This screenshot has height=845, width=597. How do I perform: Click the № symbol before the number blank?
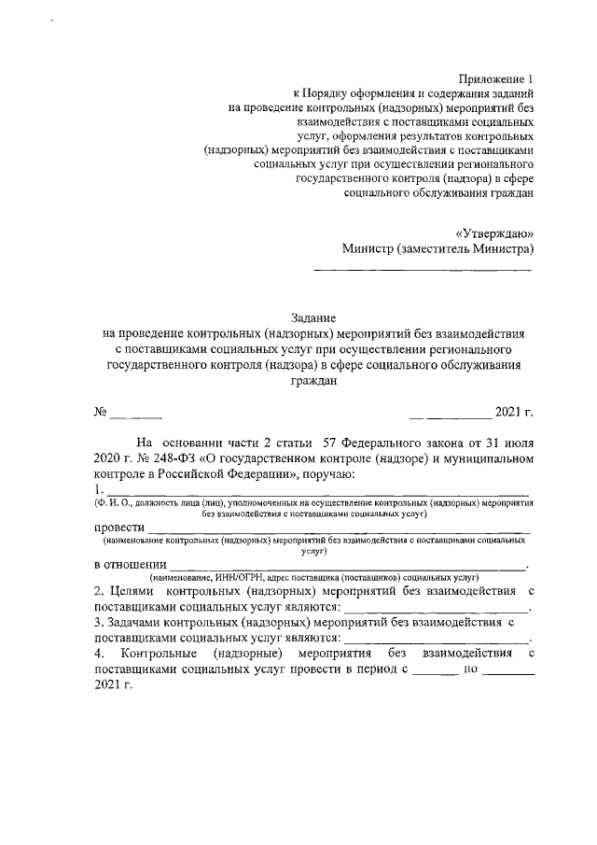[100, 412]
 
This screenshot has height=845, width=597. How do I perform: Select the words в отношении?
[131, 564]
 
